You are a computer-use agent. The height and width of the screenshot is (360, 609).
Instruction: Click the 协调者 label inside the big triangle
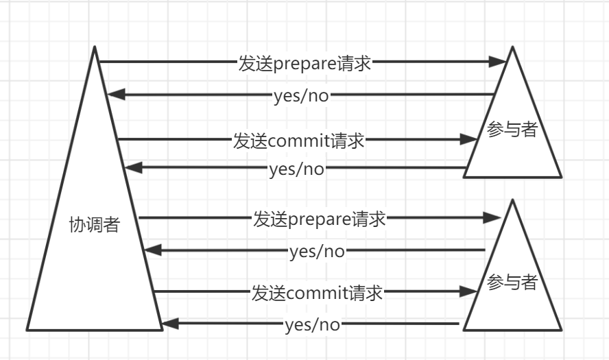(x=95, y=224)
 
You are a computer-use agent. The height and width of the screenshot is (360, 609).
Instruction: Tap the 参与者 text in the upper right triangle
(x=512, y=129)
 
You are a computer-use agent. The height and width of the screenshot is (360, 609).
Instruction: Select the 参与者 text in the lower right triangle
(x=512, y=282)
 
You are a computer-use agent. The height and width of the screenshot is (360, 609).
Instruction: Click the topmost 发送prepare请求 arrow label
(x=304, y=63)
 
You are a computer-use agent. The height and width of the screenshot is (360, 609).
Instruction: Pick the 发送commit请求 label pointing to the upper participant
(x=298, y=141)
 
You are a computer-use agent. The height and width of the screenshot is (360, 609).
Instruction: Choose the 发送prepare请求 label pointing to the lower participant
(x=320, y=219)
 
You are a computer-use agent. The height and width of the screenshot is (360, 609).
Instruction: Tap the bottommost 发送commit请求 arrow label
(x=317, y=293)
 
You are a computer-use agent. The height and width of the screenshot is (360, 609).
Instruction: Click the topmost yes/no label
(x=301, y=95)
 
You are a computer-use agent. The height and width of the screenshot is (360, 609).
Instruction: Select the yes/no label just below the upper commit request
(x=296, y=168)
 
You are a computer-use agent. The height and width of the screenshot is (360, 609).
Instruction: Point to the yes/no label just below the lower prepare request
(x=317, y=252)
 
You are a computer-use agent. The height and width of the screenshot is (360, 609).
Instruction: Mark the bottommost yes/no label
(x=312, y=324)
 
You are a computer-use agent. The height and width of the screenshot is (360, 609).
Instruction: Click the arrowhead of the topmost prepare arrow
(x=500, y=62)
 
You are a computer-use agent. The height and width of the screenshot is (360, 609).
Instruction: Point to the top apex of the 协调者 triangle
(x=95, y=47)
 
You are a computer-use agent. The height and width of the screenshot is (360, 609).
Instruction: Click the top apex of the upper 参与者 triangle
(x=512, y=47)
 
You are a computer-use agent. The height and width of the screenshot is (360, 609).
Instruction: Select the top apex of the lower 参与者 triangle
(x=512, y=200)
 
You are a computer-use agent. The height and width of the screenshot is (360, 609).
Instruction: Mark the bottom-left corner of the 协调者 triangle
(x=27, y=330)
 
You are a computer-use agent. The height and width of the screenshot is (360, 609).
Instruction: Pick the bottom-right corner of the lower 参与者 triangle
(x=561, y=330)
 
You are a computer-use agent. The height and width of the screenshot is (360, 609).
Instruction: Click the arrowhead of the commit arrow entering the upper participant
(x=470, y=140)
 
